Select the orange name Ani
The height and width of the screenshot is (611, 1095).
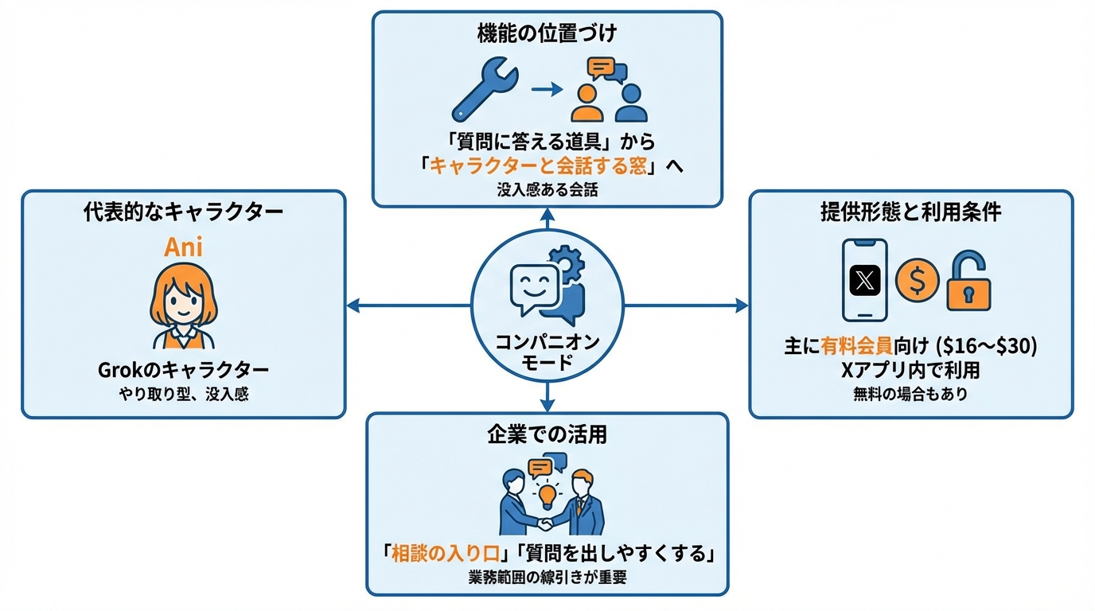[x=183, y=247]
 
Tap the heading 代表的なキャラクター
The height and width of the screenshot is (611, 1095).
[x=183, y=212]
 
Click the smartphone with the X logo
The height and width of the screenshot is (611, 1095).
[x=864, y=279]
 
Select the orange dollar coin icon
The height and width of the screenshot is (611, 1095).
[x=917, y=280]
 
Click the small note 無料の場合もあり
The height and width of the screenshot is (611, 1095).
[x=910, y=393]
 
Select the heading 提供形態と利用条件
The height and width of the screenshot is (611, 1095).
[x=910, y=212]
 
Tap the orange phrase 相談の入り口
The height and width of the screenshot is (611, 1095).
[x=436, y=554]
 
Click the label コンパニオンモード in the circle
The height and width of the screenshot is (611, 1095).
[x=547, y=352]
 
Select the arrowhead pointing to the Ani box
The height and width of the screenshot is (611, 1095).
[x=353, y=305]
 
